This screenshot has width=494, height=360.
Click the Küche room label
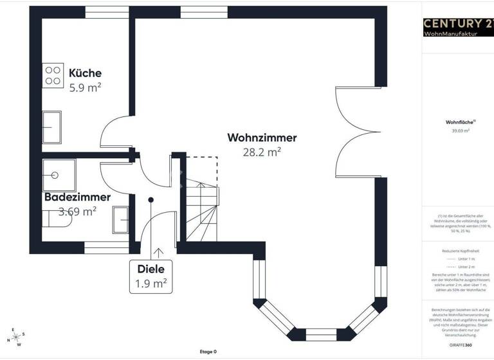click(85, 73)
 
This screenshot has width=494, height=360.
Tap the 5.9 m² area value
click(85, 87)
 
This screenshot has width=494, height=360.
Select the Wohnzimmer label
click(262, 138)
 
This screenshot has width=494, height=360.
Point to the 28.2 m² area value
click(262, 152)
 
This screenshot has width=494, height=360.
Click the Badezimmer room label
click(77, 197)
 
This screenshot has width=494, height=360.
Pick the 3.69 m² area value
click(77, 210)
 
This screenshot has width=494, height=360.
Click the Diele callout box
click(151, 276)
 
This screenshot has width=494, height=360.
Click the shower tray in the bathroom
click(59, 174)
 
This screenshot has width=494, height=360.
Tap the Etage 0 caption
click(208, 352)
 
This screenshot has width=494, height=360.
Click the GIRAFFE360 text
click(460, 345)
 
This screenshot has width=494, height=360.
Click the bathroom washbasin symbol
click(120, 219)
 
